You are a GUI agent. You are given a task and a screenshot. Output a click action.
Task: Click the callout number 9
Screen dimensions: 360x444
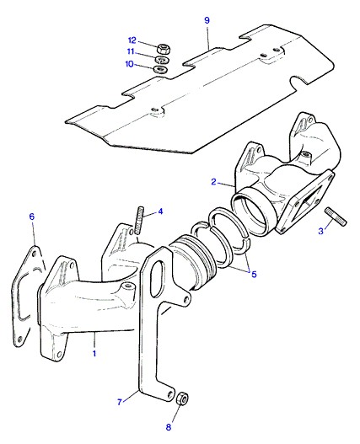click(x=207, y=20)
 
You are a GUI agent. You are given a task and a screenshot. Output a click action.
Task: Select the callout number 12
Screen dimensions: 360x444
click(x=132, y=40)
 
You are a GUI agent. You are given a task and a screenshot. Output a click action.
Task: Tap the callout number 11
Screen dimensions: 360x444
click(x=131, y=52)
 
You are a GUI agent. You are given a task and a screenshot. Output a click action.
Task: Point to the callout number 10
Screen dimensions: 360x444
click(x=129, y=64)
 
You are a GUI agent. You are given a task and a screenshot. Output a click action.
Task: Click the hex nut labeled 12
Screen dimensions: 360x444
click(x=163, y=49)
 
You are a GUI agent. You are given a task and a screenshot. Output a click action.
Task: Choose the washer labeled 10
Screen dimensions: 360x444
click(x=160, y=69)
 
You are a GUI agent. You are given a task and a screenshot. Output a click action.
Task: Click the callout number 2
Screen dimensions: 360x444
click(x=214, y=182)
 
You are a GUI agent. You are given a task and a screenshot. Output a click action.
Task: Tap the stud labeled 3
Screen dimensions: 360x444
click(x=336, y=217)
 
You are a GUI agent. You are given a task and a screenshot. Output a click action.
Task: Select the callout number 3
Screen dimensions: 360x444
click(x=321, y=231)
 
